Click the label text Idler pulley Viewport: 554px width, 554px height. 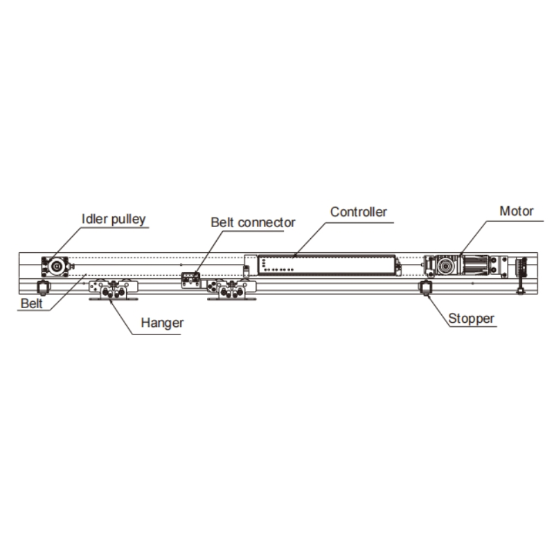click(x=114, y=220)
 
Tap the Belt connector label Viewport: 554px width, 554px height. click(x=253, y=223)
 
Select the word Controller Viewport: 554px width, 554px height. click(x=358, y=212)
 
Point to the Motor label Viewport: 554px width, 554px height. click(x=516, y=211)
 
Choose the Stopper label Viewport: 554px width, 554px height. click(x=472, y=320)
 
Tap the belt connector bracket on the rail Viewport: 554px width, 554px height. click(x=190, y=278)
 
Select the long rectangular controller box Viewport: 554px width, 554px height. click(x=325, y=265)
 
